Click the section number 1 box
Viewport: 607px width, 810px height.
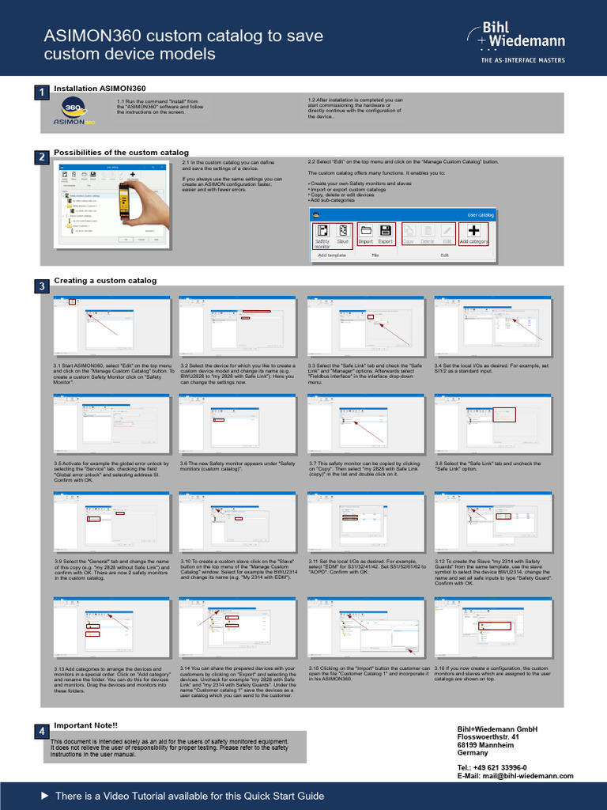pyautogui.click(x=40, y=95)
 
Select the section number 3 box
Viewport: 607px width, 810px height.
pyautogui.click(x=40, y=286)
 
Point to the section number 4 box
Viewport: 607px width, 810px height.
pyautogui.click(x=40, y=732)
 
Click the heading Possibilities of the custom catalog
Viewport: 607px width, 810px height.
pyautogui.click(x=121, y=152)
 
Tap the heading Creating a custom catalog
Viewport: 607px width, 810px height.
pyautogui.click(x=105, y=280)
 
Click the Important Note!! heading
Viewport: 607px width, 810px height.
pyautogui.click(x=85, y=725)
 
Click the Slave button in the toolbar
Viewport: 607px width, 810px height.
pyautogui.click(x=342, y=235)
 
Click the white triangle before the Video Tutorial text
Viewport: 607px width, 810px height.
pyautogui.click(x=44, y=795)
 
